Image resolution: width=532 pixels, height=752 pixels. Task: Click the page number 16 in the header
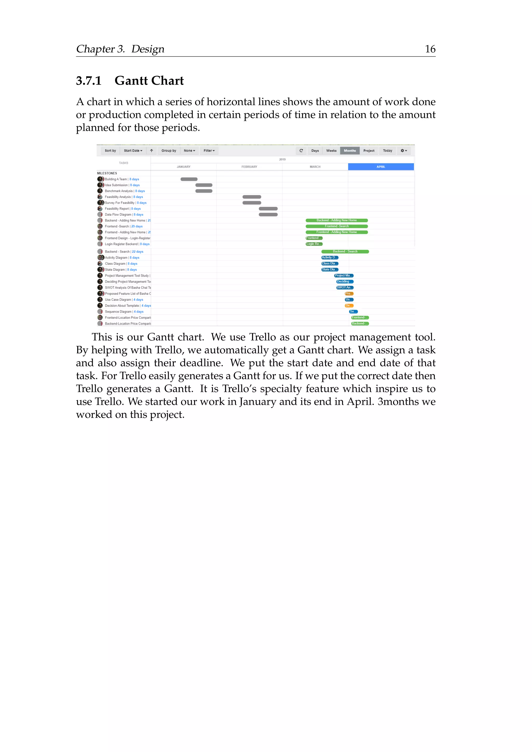pyautogui.click(x=430, y=49)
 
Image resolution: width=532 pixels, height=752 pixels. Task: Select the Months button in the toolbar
pyautogui.click(x=350, y=151)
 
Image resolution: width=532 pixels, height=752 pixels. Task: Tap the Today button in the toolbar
pyautogui.click(x=387, y=151)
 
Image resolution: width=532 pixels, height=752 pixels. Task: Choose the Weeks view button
pyautogui.click(x=331, y=151)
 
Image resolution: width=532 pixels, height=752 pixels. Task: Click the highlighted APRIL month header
pyautogui.click(x=381, y=167)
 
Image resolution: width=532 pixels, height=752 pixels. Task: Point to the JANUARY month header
pyautogui.click(x=183, y=167)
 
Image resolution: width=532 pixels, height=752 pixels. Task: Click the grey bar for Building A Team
pyautogui.click(x=189, y=179)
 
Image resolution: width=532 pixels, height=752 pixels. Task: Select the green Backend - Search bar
pyautogui.click(x=345, y=252)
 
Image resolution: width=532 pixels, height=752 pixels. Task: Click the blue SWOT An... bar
pyautogui.click(x=345, y=287)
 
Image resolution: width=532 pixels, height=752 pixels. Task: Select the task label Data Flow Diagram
pyautogui.click(x=118, y=214)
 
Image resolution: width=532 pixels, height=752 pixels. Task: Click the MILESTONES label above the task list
pyautogui.click(x=107, y=173)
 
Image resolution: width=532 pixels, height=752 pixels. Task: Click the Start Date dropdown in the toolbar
pyautogui.click(x=133, y=151)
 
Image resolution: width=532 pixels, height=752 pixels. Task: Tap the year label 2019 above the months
pyautogui.click(x=282, y=159)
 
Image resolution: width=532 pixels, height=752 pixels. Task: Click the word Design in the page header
pyautogui.click(x=148, y=49)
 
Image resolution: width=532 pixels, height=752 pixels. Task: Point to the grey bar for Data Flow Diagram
pyautogui.click(x=268, y=214)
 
